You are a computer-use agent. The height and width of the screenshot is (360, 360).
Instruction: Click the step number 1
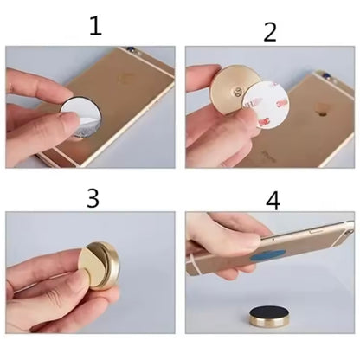point(95,26)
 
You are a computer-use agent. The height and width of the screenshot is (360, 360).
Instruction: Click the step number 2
point(270,32)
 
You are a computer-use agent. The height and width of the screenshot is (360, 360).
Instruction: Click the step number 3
point(93,198)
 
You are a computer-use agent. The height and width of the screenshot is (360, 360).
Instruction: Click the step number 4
point(273,201)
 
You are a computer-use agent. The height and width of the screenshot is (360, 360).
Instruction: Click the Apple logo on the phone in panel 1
point(127,79)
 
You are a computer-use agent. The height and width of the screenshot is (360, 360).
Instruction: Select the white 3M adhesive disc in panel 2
point(266,104)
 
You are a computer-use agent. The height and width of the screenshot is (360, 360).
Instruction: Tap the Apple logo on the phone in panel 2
point(322,109)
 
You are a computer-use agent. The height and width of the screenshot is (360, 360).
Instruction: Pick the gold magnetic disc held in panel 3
point(102,266)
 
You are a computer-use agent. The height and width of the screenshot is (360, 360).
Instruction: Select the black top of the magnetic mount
point(266,312)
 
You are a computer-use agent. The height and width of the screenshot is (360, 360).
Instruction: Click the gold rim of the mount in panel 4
point(266,324)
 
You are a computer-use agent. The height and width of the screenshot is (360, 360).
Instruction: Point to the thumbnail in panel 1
point(68,119)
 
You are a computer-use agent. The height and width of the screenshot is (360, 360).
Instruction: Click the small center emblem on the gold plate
point(237,92)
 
